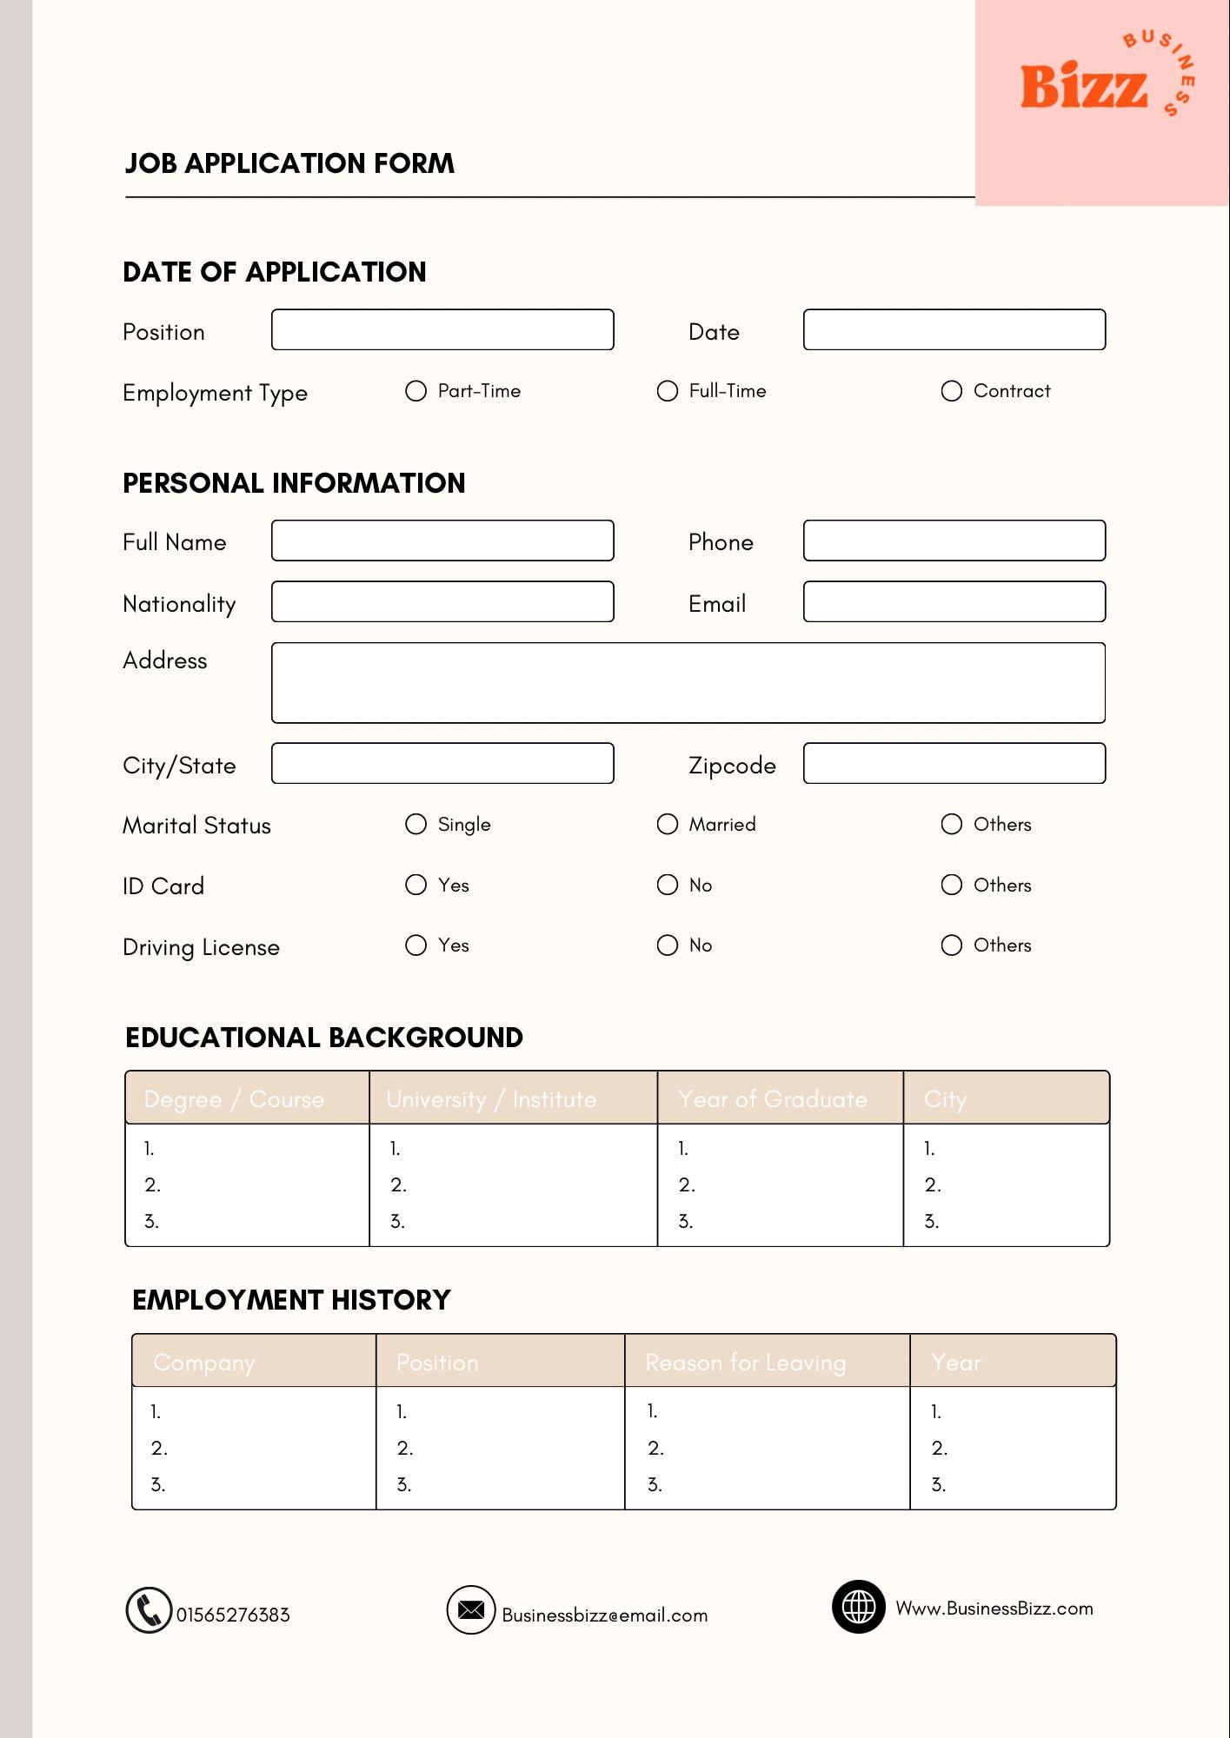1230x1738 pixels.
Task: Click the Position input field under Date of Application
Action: click(442, 329)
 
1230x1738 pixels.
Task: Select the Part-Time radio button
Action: click(416, 391)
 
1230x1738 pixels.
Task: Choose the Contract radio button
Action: click(952, 391)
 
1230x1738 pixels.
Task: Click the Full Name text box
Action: click(442, 541)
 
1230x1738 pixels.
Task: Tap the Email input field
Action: click(954, 601)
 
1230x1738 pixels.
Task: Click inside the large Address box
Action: click(688, 683)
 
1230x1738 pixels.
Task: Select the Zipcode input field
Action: click(954, 763)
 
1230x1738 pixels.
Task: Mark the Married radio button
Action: click(668, 824)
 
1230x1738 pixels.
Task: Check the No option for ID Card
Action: click(668, 885)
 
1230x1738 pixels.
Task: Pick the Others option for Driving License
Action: click(952, 945)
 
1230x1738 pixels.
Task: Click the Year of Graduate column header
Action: click(773, 1098)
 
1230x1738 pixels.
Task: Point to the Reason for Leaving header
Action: click(746, 1362)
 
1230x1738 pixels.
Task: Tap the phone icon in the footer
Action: click(149, 1610)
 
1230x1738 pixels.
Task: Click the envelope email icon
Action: click(471, 1609)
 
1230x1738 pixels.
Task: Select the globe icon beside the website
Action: click(858, 1607)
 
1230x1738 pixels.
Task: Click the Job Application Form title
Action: click(289, 163)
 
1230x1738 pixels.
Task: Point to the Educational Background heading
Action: click(324, 1038)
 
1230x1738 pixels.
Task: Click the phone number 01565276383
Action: click(233, 1615)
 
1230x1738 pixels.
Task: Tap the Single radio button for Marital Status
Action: click(416, 824)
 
